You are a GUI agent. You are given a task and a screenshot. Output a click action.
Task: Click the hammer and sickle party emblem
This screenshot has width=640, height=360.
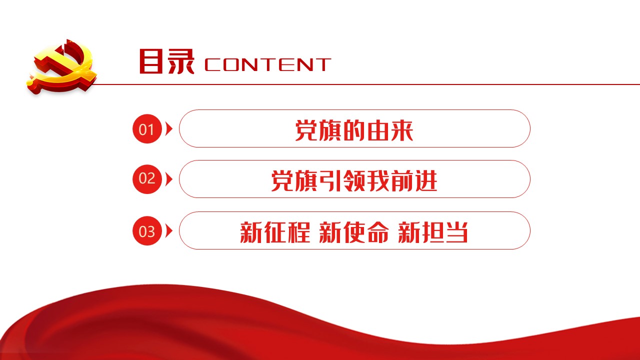(x=62, y=67)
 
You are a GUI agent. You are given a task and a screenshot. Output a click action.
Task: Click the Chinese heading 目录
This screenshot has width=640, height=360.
(x=167, y=61)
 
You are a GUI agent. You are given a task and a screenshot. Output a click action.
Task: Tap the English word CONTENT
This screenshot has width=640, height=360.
(x=267, y=64)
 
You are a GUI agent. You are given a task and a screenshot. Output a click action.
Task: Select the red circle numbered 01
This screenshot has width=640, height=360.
(x=147, y=129)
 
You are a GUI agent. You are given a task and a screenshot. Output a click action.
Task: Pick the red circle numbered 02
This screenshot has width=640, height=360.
(x=147, y=179)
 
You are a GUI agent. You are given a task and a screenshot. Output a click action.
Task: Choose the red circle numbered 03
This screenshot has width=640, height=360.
(x=147, y=231)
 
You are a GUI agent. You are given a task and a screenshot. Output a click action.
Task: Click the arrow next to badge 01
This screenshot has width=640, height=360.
(x=169, y=129)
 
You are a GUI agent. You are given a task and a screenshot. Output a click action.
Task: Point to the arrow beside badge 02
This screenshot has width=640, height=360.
(x=169, y=179)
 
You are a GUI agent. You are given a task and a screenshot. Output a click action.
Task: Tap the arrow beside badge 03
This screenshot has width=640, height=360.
(x=169, y=231)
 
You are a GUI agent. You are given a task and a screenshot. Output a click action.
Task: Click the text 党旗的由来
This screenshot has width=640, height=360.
(x=354, y=130)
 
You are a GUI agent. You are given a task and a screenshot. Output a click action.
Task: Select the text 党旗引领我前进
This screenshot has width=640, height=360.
(x=354, y=181)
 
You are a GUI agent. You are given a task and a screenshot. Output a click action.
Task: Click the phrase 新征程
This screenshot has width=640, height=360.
(x=275, y=232)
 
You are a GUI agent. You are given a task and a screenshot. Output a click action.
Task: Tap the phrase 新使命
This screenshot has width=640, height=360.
(x=354, y=232)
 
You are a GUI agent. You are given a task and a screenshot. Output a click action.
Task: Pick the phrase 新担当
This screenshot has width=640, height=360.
(x=433, y=232)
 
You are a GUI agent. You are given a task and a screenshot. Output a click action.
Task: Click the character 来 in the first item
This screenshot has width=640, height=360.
(x=402, y=130)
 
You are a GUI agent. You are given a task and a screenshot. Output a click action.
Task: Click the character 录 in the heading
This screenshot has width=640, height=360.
(x=181, y=61)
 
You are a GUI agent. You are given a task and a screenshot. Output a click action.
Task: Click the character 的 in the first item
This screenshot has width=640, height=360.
(x=354, y=130)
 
